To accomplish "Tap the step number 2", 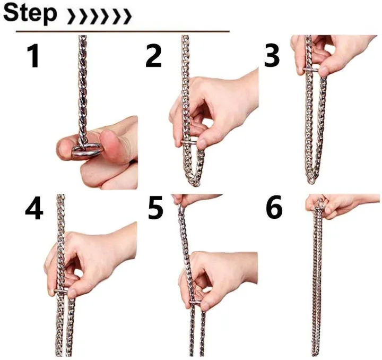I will click(x=153, y=56).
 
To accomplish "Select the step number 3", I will click(x=272, y=56).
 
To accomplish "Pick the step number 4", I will click(x=34, y=210).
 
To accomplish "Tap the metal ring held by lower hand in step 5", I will click(x=196, y=304).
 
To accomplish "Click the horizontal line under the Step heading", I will click(x=122, y=31).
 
